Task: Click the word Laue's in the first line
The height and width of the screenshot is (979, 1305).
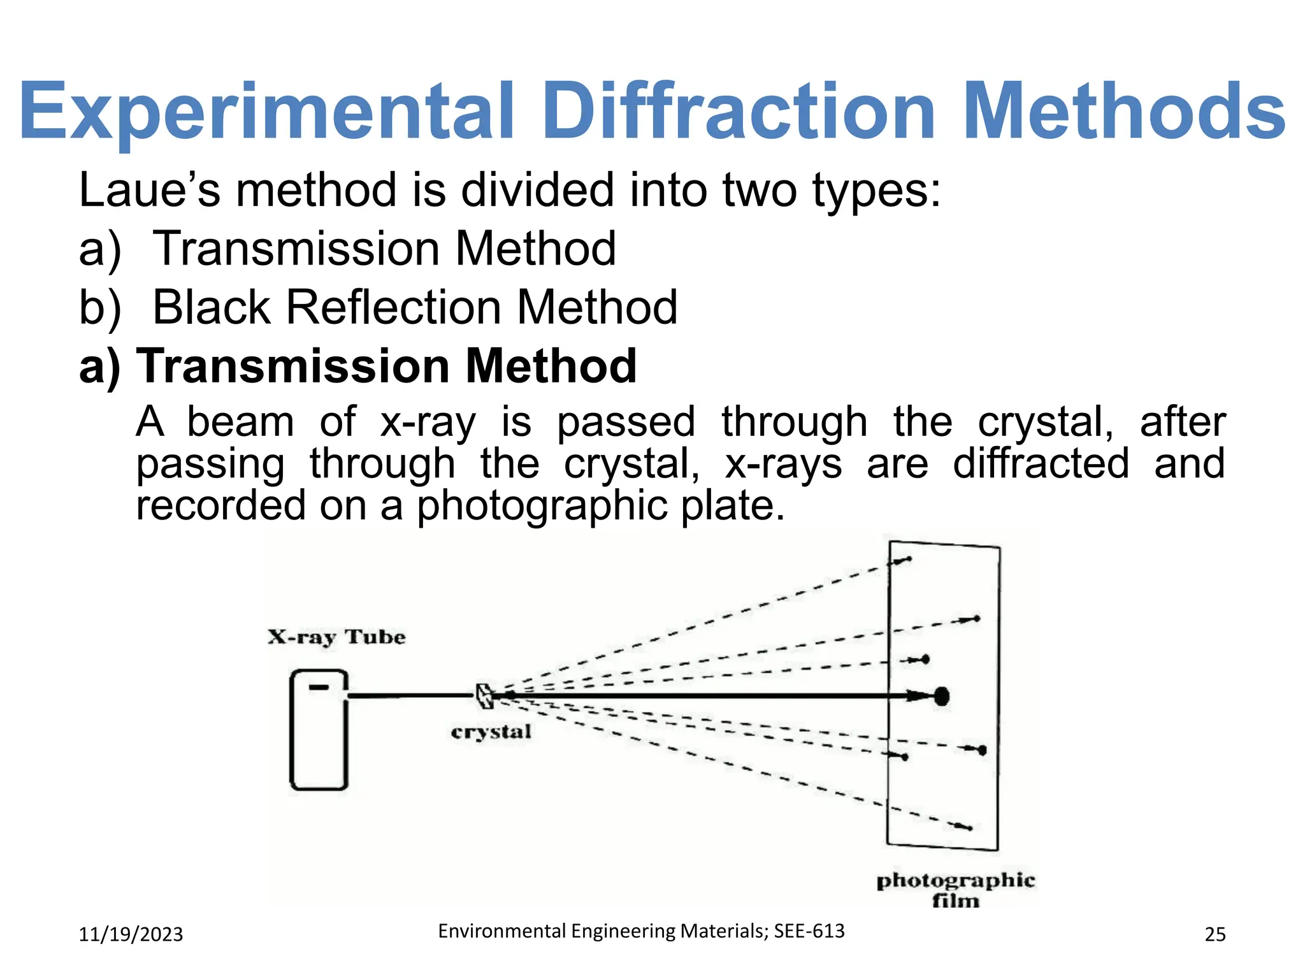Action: pyautogui.click(x=149, y=190)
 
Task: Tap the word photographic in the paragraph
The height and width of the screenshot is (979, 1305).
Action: pyautogui.click(x=542, y=505)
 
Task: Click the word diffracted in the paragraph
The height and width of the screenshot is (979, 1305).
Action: pyautogui.click(x=1041, y=463)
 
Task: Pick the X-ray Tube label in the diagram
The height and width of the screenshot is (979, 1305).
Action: pyautogui.click(x=336, y=637)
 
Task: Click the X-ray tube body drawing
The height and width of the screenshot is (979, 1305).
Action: pyautogui.click(x=319, y=730)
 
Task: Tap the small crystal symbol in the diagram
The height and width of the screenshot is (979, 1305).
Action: pyautogui.click(x=484, y=696)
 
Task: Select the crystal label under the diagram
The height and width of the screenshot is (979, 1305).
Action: pyautogui.click(x=491, y=732)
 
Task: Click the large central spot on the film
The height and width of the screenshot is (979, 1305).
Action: pyautogui.click(x=942, y=696)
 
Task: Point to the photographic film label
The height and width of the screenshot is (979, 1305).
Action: pyautogui.click(x=955, y=890)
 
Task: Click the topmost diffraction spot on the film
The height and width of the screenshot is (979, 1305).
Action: pyautogui.click(x=908, y=560)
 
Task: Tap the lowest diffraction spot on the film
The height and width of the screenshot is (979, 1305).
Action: pyautogui.click(x=969, y=828)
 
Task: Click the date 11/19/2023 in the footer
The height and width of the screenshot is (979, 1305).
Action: pyautogui.click(x=131, y=934)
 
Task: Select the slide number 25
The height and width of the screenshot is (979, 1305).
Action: pyautogui.click(x=1215, y=934)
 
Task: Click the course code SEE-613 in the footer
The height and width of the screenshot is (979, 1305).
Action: pyautogui.click(x=809, y=931)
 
